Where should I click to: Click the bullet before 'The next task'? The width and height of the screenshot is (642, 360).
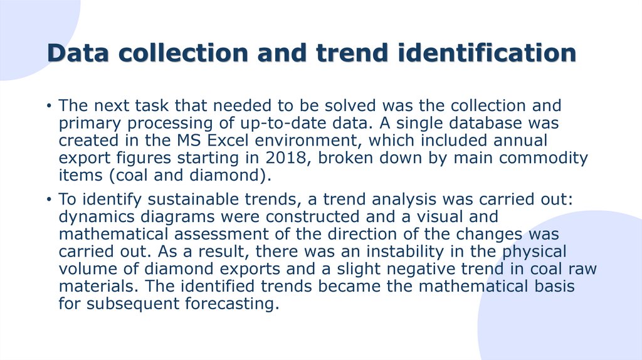(x=48, y=105)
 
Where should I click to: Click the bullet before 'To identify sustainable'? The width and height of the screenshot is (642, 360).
(x=48, y=200)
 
